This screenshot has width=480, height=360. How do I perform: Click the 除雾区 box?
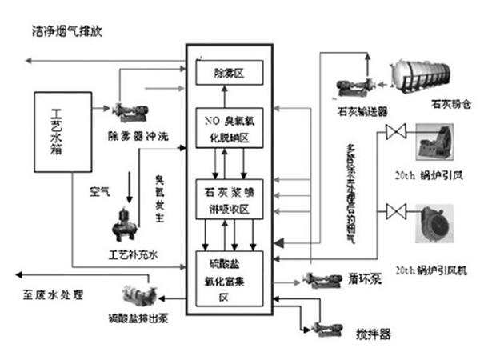coord(230,74)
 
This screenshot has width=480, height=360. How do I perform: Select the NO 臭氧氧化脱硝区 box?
coord(230,127)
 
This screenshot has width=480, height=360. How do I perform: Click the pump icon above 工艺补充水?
coord(126,224)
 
